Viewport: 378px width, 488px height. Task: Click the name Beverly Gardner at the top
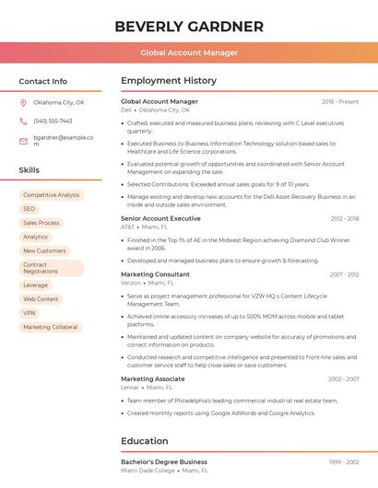(188, 27)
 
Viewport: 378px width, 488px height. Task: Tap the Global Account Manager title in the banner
(188, 53)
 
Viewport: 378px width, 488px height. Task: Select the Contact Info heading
(42, 81)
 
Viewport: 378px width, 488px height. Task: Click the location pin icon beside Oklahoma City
(23, 103)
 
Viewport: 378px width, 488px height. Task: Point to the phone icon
(23, 122)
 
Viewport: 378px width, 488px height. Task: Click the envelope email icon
(23, 141)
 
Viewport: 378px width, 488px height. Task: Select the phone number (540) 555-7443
(53, 122)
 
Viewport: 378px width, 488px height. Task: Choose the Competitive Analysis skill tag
(51, 195)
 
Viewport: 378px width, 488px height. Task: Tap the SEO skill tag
(30, 209)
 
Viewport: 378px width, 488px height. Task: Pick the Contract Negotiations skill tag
(51, 268)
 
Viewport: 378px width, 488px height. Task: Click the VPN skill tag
(30, 313)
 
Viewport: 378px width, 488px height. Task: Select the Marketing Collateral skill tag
(50, 327)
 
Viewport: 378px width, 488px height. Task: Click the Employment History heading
(168, 81)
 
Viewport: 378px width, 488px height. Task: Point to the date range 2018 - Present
(340, 101)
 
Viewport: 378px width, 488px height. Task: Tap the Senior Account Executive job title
(160, 218)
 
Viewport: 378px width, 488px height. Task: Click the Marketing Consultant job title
(155, 274)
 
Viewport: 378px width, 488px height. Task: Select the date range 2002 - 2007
(343, 379)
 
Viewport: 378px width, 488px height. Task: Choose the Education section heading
(144, 441)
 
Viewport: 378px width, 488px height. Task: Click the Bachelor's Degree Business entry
(164, 462)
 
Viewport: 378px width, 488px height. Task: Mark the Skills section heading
(30, 170)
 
